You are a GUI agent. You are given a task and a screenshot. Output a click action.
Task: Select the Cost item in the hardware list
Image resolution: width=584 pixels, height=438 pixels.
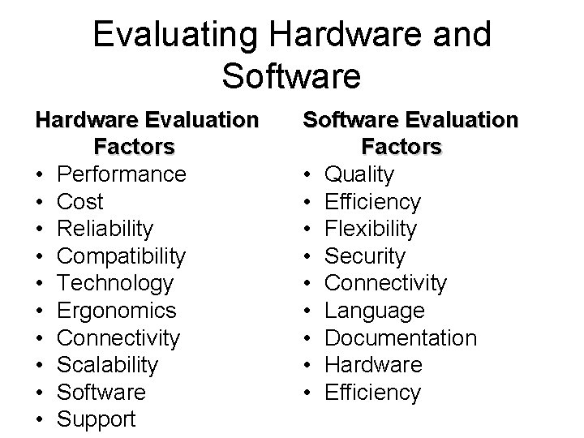[x=82, y=202]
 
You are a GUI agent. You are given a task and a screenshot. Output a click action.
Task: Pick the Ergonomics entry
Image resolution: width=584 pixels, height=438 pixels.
[x=118, y=311]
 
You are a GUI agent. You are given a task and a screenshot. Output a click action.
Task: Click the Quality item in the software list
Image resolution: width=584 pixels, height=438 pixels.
[x=359, y=174]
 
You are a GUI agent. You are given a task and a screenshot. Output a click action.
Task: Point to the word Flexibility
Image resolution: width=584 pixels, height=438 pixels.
[x=371, y=229]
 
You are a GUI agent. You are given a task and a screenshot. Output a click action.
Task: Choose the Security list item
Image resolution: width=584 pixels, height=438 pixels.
[x=365, y=256]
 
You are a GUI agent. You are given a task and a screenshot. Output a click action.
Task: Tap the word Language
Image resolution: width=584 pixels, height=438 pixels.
[x=375, y=311]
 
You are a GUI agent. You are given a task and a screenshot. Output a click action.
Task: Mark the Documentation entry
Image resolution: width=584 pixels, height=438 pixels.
[x=401, y=338]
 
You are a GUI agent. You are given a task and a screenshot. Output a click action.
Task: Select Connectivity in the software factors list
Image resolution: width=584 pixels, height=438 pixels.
[x=385, y=284]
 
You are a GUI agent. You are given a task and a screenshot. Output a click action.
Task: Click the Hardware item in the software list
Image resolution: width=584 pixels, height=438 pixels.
[x=373, y=365]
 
